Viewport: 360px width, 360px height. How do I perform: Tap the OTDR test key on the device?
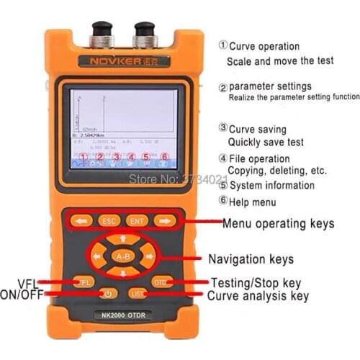point(161,282)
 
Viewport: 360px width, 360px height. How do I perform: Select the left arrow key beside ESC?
point(81,221)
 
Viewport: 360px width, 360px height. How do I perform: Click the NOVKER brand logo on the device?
point(124,61)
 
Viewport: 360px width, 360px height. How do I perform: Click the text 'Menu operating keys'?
point(278,224)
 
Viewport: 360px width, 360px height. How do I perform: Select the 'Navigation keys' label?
point(251,258)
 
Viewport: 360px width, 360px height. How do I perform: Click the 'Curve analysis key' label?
point(258,295)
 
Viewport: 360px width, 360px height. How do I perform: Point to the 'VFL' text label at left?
point(27,282)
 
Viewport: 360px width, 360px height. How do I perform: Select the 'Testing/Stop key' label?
point(256,282)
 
